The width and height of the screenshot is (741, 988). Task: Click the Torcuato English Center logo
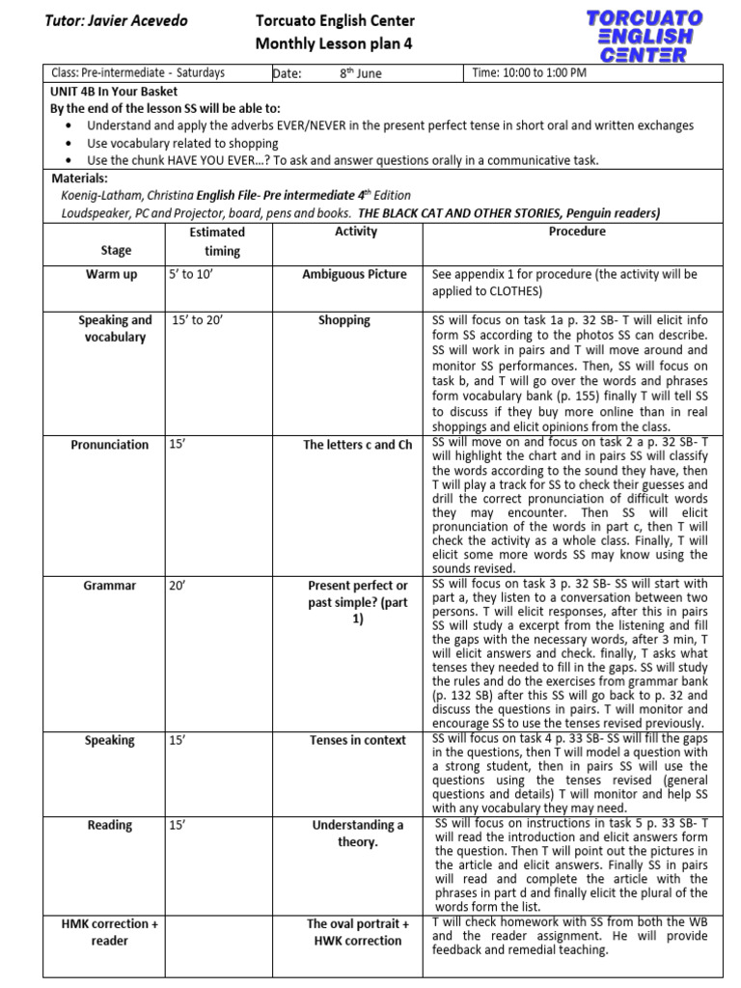pyautogui.click(x=645, y=37)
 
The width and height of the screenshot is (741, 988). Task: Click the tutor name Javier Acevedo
pyautogui.click(x=116, y=21)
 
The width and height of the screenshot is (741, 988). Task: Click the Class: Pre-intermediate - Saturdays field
pyautogui.click(x=137, y=73)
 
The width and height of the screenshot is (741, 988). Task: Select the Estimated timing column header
pyautogui.click(x=217, y=241)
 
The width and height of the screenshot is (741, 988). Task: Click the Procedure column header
pyautogui.click(x=577, y=232)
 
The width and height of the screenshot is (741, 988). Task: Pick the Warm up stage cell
pyautogui.click(x=112, y=274)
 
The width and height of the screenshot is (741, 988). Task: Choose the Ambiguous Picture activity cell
pyautogui.click(x=355, y=274)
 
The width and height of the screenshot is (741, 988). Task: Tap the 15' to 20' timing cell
pyautogui.click(x=197, y=320)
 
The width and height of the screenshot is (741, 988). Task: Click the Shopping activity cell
pyautogui.click(x=344, y=320)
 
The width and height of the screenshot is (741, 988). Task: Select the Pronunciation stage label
pyautogui.click(x=110, y=445)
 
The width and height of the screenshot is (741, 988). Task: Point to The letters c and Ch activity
pyautogui.click(x=357, y=445)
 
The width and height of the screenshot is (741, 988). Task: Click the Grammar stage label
pyautogui.click(x=109, y=586)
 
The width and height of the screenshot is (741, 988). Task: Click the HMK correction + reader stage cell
pyautogui.click(x=110, y=932)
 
